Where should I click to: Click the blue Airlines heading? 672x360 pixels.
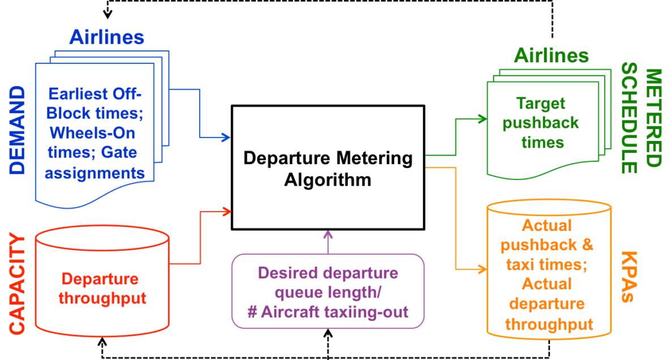107,37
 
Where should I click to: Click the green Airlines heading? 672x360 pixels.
551,55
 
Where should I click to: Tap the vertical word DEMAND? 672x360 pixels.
18,130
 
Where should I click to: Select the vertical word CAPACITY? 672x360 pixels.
18,284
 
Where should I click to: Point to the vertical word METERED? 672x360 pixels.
653,118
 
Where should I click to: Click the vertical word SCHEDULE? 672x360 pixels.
628,118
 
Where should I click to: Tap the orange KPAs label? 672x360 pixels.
629,277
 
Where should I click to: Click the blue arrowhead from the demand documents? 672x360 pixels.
226,138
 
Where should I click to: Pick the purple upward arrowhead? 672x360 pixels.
328,234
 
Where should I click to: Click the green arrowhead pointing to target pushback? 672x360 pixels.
483,119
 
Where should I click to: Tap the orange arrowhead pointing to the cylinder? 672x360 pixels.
482,269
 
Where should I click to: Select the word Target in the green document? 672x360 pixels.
541,103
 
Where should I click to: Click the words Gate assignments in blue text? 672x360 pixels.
95,163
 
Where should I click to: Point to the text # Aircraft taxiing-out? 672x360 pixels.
328,311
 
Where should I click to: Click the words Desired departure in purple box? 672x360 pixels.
328,273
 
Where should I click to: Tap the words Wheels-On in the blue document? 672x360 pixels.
92,132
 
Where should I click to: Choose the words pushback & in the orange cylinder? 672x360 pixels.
547,245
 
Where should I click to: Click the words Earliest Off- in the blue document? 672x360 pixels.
94,93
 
